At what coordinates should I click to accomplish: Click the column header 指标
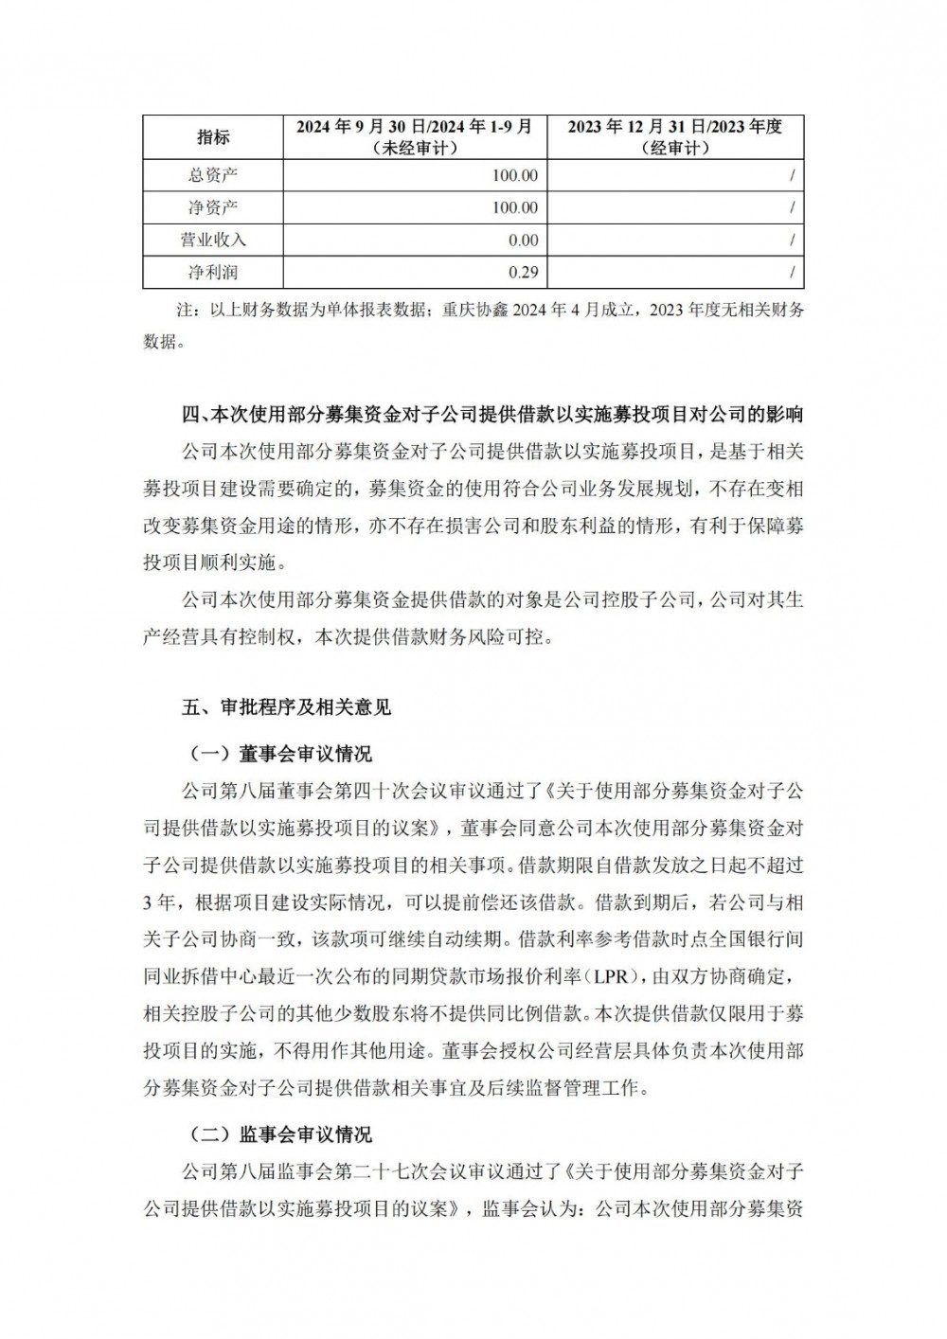pyautogui.click(x=213, y=137)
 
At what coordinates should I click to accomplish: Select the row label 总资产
pyautogui.click(x=213, y=175)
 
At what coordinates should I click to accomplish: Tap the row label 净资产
pyautogui.click(x=213, y=207)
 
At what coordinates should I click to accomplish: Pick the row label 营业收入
pyautogui.click(x=213, y=240)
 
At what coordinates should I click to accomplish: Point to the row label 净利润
pyautogui.click(x=213, y=272)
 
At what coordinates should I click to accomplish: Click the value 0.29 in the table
pyautogui.click(x=523, y=272)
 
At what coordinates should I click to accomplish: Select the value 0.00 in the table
pyautogui.click(x=523, y=240)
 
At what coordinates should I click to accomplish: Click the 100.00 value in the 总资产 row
pyautogui.click(x=515, y=175)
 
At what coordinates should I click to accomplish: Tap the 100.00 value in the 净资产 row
pyautogui.click(x=515, y=207)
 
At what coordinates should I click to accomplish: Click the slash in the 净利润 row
pyautogui.click(x=791, y=272)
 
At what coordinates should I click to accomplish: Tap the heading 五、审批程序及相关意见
pyautogui.click(x=286, y=706)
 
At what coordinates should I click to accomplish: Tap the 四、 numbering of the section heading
pyautogui.click(x=195, y=414)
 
